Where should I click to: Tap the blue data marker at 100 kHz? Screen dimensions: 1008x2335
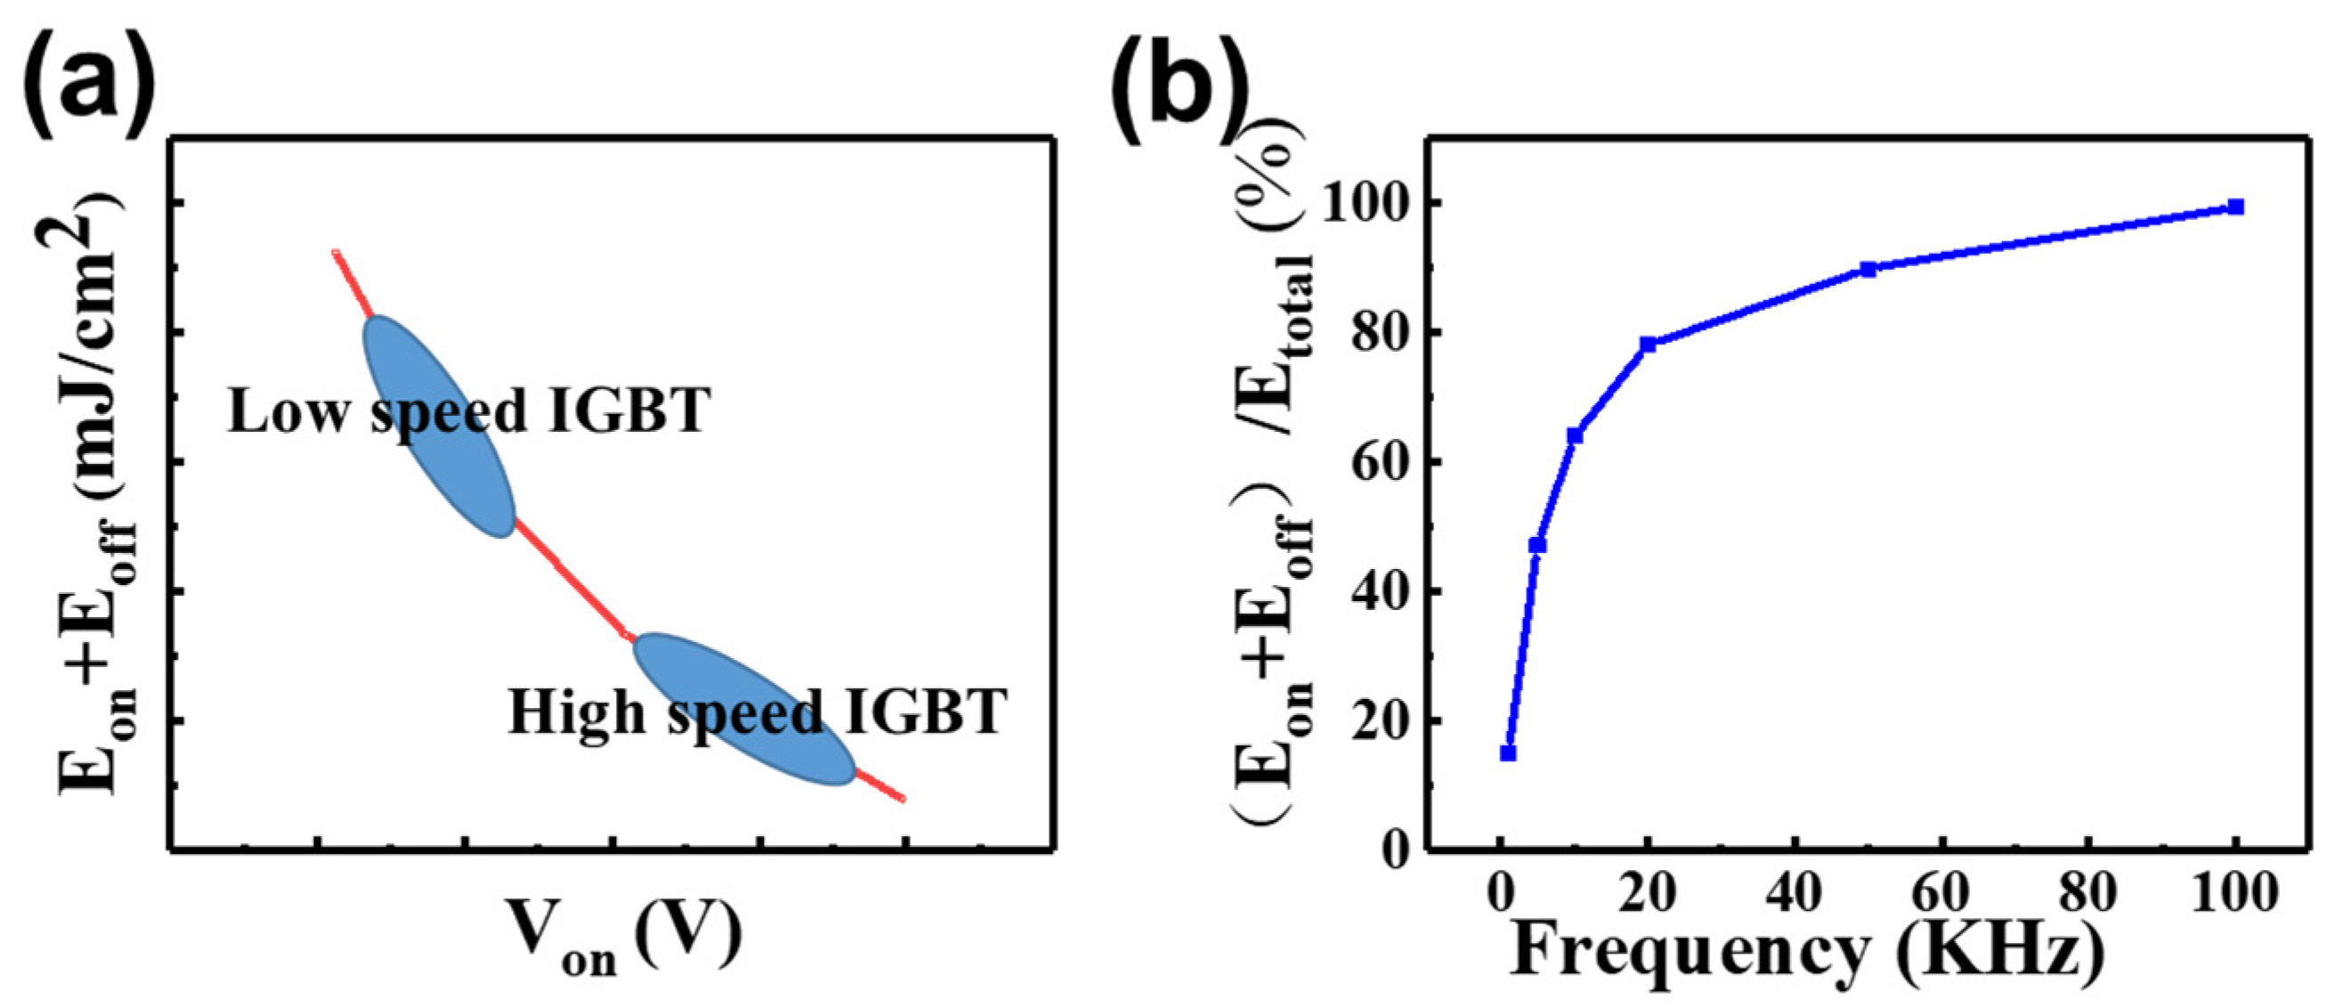[x=2235, y=207]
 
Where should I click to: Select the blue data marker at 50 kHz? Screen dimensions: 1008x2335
[x=1868, y=269]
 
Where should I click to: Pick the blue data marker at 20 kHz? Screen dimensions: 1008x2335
[x=1648, y=345]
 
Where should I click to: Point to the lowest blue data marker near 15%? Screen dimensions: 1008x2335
[x=1508, y=752]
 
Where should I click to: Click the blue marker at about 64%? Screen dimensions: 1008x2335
[x=1575, y=436]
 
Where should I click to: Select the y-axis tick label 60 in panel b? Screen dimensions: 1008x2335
[x=1378, y=462]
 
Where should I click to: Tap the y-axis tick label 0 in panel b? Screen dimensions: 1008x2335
[x=1396, y=850]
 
